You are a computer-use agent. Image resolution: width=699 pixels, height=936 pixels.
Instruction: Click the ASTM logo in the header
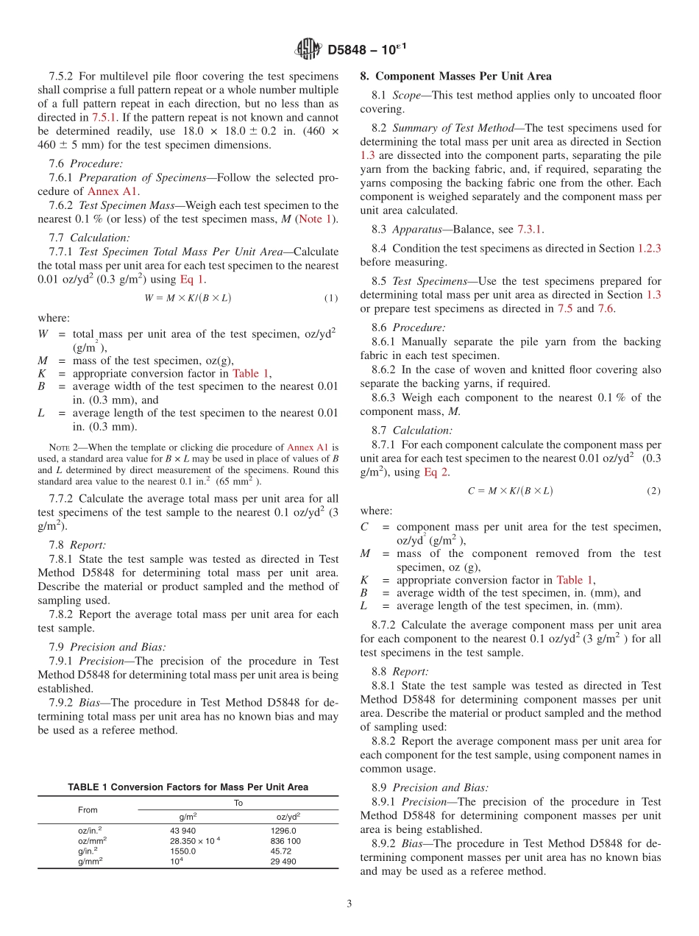click(308, 49)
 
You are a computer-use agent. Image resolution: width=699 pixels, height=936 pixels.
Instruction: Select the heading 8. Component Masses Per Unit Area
click(455, 77)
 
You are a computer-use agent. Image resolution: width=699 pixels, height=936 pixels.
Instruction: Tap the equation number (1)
click(331, 298)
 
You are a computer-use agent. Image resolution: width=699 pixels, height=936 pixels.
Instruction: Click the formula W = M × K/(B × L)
click(188, 298)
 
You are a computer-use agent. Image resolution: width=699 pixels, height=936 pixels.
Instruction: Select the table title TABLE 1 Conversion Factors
click(188, 787)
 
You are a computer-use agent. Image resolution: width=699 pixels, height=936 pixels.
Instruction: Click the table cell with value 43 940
click(183, 830)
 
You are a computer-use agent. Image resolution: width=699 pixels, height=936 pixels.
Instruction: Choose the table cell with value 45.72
click(280, 851)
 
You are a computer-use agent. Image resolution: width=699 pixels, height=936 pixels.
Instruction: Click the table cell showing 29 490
click(283, 861)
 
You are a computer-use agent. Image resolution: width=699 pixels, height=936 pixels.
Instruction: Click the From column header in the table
click(88, 809)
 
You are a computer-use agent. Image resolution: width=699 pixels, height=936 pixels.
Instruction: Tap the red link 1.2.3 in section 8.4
click(648, 249)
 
